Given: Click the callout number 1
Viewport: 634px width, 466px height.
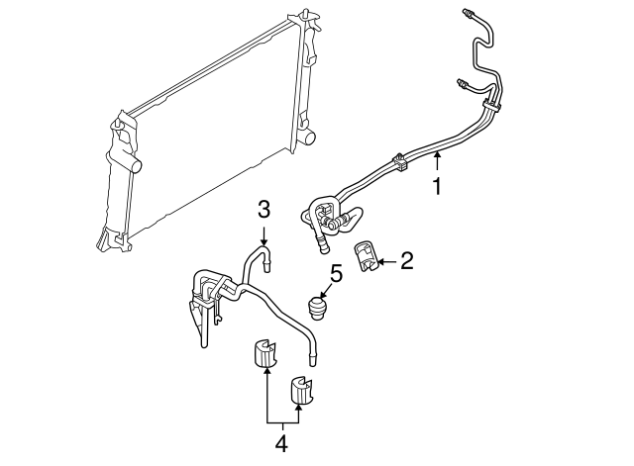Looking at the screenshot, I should [x=437, y=186].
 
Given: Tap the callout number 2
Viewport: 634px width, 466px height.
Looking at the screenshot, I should [x=406, y=261].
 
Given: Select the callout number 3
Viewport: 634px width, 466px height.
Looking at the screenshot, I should [x=264, y=209].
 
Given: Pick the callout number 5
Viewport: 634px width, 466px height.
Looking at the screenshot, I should [x=335, y=271].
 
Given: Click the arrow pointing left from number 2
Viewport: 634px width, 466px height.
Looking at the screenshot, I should [x=387, y=262].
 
